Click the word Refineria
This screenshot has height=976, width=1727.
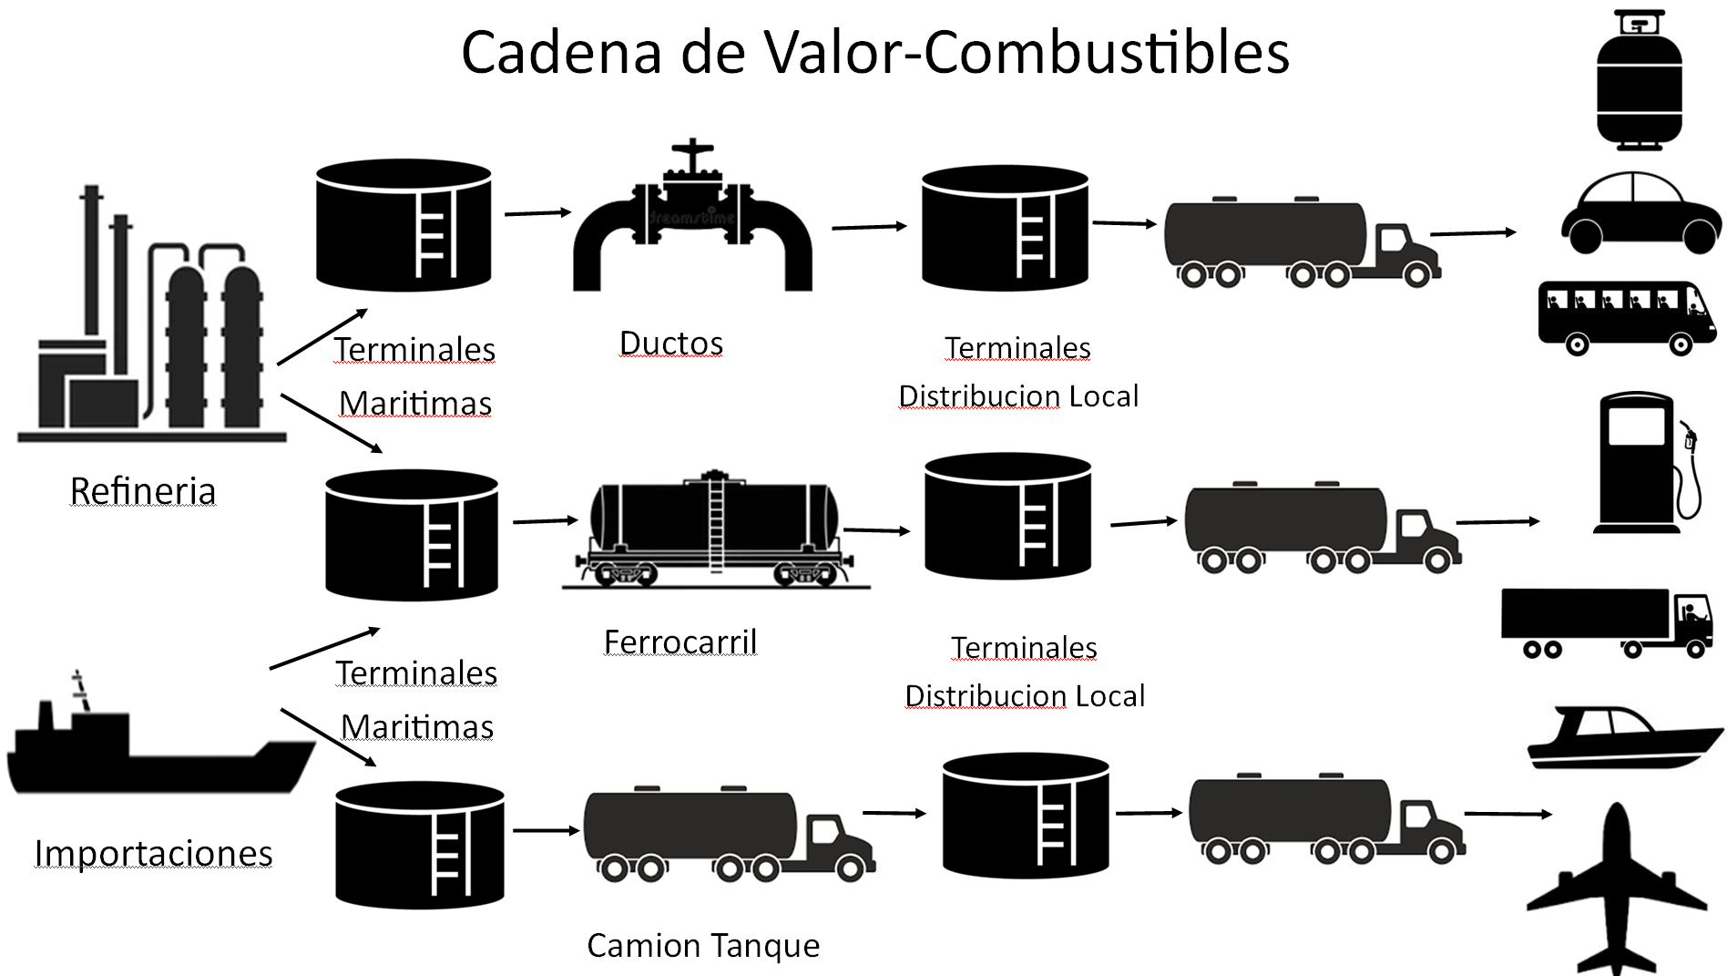tap(143, 491)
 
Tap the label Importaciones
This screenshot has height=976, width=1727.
tap(153, 853)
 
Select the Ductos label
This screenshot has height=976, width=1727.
tap(671, 344)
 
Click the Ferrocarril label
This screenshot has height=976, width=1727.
tap(680, 642)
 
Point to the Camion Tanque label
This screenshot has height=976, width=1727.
tap(703, 945)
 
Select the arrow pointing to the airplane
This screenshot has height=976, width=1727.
tap(1507, 814)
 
